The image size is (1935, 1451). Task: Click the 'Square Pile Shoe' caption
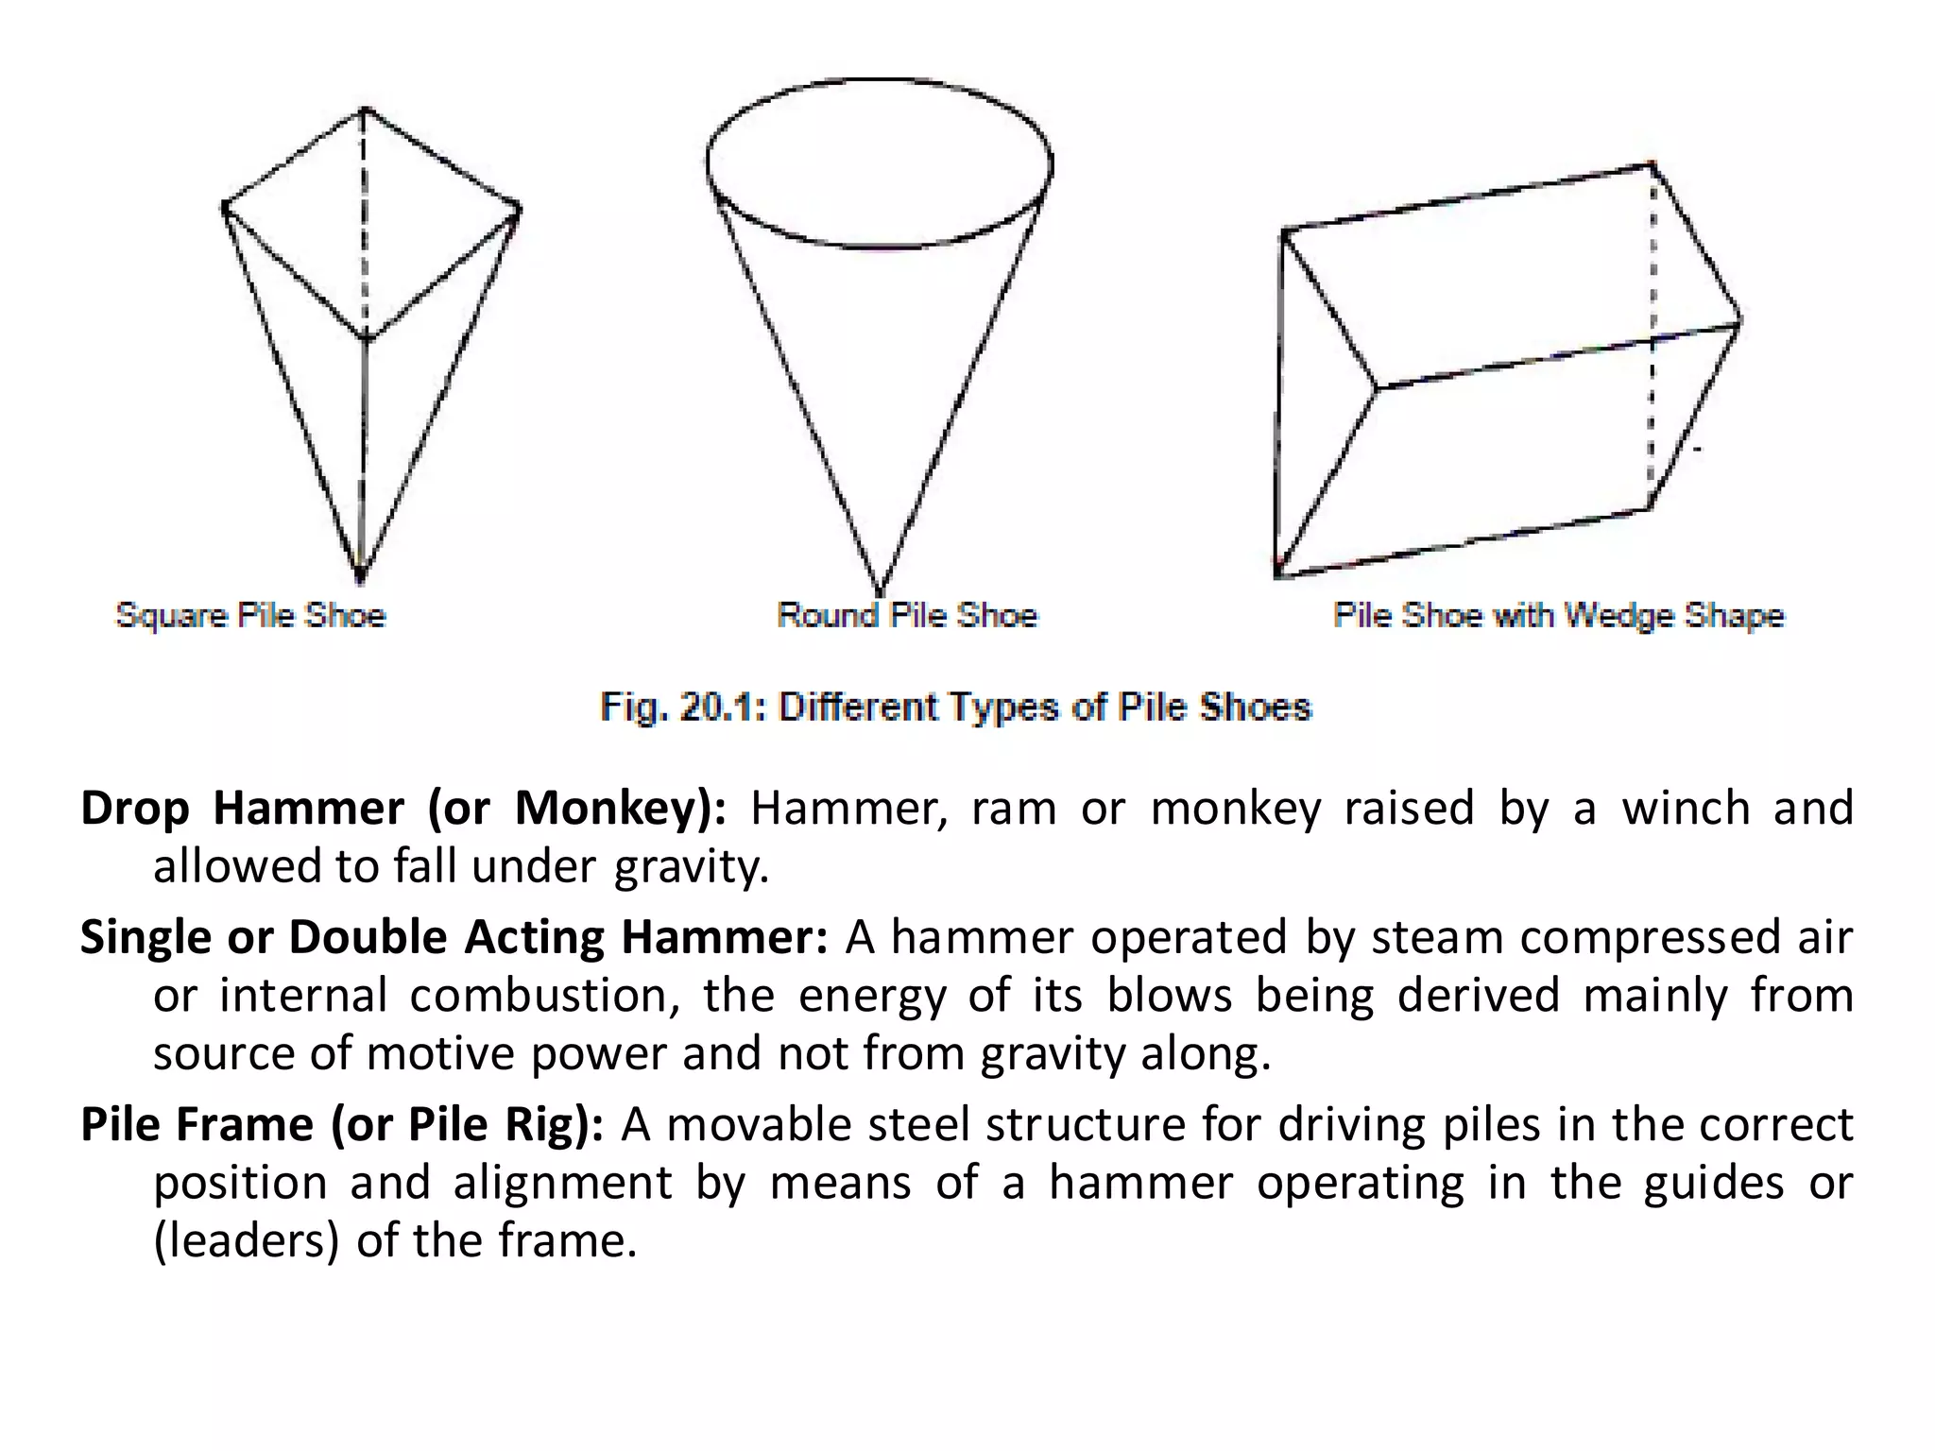[x=250, y=615]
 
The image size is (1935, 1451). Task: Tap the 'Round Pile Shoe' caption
[x=907, y=615]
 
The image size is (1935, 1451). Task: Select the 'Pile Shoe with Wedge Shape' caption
[x=1559, y=615]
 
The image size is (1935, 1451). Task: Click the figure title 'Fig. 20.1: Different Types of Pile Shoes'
[x=956, y=707]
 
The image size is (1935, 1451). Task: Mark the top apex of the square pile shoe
[x=366, y=109]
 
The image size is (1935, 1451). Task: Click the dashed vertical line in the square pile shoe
[x=366, y=227]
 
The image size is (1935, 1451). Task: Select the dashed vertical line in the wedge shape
[x=1652, y=340]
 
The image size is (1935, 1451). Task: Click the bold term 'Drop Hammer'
[x=242, y=809]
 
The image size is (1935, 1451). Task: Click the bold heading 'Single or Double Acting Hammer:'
[x=454, y=938]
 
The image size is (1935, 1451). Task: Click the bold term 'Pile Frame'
[x=197, y=1124]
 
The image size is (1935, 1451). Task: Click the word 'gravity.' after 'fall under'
[x=692, y=866]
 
